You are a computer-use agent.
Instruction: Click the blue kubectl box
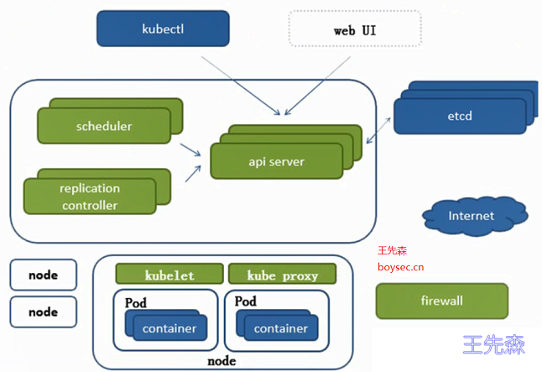click(x=163, y=29)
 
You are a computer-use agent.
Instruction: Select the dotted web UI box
click(x=355, y=29)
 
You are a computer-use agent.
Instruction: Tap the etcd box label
click(x=460, y=116)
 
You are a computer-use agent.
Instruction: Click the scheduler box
click(x=104, y=126)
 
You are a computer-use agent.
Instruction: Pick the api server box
click(x=277, y=161)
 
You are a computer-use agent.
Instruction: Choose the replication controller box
click(x=90, y=196)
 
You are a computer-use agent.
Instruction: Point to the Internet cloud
click(x=475, y=217)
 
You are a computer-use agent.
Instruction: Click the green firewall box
click(x=442, y=301)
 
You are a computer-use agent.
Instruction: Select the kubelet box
click(x=169, y=274)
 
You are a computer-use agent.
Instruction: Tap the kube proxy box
click(x=282, y=274)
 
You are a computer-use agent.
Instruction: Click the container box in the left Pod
click(x=170, y=328)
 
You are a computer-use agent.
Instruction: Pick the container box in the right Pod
click(x=281, y=328)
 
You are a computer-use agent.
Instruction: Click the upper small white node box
click(x=43, y=275)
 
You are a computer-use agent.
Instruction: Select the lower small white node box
click(x=43, y=312)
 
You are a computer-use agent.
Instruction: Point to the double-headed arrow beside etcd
click(x=378, y=130)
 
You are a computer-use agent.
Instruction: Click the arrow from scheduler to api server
click(x=190, y=149)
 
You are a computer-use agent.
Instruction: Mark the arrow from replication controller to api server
click(x=193, y=173)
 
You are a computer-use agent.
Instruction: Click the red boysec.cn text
click(x=400, y=267)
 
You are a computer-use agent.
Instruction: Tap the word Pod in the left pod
click(x=136, y=303)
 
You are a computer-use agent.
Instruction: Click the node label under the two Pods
click(x=221, y=361)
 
